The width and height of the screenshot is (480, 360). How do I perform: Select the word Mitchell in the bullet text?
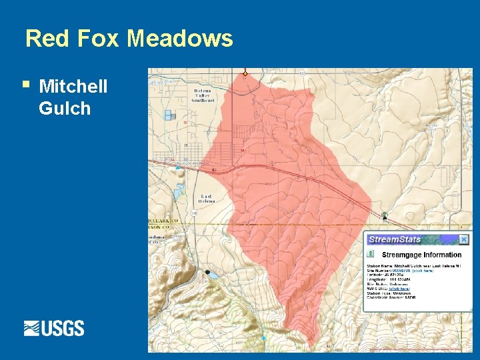pyautogui.click(x=73, y=87)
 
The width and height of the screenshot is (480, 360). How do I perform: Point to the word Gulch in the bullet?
pyautogui.click(x=65, y=109)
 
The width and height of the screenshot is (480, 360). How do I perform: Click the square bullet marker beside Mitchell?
pyautogui.click(x=25, y=85)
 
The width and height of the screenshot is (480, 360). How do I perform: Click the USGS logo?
pyautogui.click(x=54, y=328)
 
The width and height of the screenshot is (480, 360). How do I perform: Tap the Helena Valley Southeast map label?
pyautogui.click(x=205, y=95)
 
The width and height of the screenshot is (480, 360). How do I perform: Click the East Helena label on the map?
pyautogui.click(x=207, y=198)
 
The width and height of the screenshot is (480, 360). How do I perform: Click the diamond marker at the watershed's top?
pyautogui.click(x=245, y=73)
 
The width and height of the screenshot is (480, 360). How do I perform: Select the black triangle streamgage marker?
pyautogui.click(x=385, y=216)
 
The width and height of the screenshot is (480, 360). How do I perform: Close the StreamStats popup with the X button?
pyautogui.click(x=464, y=239)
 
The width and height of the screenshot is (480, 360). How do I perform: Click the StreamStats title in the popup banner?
pyautogui.click(x=395, y=239)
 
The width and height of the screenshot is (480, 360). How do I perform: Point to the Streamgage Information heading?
pyautogui.click(x=421, y=255)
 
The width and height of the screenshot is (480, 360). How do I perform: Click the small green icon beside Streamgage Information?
pyautogui.click(x=369, y=254)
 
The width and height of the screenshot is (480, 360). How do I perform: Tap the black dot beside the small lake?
pyautogui.click(x=207, y=272)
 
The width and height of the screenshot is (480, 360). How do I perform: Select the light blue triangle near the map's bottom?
pyautogui.click(x=263, y=338)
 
